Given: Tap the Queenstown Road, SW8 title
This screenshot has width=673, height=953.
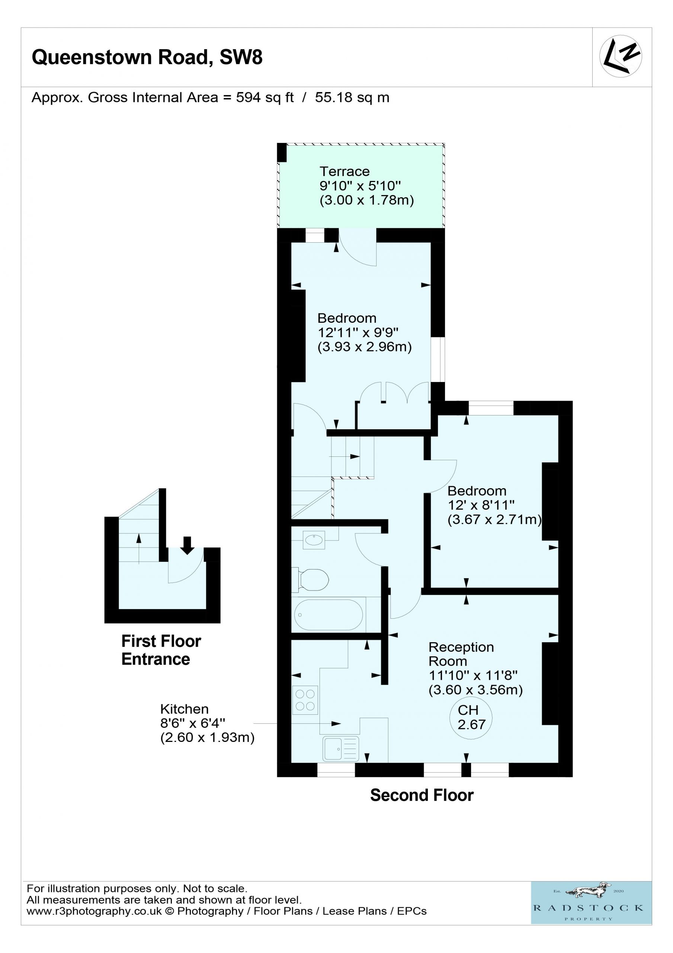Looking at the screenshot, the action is coord(147,57).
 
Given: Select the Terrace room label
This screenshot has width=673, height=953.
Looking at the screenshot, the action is coord(344,171).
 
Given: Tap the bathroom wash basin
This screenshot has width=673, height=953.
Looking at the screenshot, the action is coord(314,540).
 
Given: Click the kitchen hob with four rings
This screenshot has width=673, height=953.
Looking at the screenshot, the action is coord(305,700).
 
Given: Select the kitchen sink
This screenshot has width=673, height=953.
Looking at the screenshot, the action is coord(341,749).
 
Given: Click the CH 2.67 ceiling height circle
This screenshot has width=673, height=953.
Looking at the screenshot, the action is coord(471,718).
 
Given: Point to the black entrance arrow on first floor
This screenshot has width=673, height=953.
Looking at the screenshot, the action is coord(187,545).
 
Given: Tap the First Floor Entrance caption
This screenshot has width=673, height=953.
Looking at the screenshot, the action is coord(161,650).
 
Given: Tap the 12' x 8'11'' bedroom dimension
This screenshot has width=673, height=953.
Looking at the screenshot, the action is coord(481,505).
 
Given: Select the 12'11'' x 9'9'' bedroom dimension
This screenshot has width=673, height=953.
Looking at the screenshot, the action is coord(358,332).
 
